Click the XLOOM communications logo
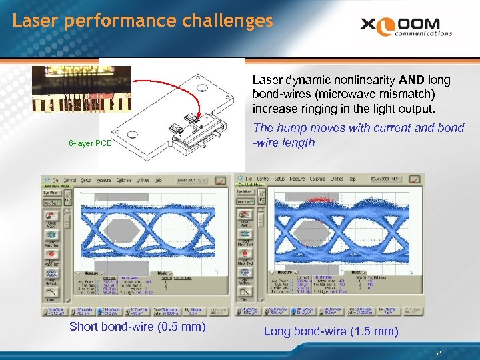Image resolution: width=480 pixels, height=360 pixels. (x=407, y=27)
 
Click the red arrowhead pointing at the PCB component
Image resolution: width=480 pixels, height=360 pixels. (x=198, y=122)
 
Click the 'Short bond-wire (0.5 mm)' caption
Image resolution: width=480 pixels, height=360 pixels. (x=137, y=327)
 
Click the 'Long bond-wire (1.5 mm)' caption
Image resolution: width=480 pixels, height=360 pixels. (x=331, y=331)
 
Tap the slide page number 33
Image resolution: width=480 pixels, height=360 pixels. (x=437, y=353)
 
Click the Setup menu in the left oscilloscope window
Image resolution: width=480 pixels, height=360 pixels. (x=86, y=180)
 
